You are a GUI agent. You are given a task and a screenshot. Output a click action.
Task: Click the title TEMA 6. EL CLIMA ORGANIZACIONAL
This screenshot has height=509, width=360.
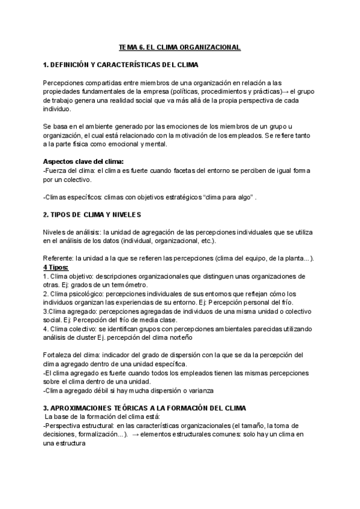(x=179, y=47)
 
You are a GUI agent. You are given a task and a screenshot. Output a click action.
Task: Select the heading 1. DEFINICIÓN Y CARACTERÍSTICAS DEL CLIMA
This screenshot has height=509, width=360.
(x=121, y=64)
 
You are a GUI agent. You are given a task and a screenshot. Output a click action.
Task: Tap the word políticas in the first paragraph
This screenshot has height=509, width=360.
(x=187, y=91)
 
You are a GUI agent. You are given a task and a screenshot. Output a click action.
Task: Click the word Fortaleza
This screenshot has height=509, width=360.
(x=59, y=355)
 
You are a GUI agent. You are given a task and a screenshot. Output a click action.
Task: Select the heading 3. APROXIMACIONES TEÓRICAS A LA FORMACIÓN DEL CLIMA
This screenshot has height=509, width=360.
(x=145, y=408)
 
